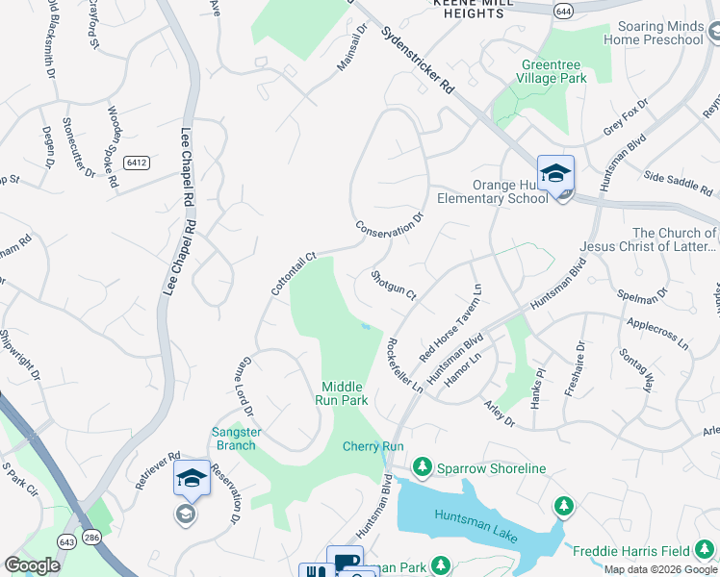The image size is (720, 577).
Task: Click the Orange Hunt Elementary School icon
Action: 555,173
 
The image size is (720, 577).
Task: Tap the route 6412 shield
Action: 137,163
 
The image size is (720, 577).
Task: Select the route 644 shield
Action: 564,10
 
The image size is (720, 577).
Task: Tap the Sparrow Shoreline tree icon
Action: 422,468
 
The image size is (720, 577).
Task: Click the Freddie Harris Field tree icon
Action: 563,505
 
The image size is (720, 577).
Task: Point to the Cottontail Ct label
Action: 294,274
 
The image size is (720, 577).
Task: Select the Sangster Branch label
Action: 236,439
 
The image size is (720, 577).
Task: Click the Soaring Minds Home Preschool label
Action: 654,33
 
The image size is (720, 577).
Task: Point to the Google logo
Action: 32,565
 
